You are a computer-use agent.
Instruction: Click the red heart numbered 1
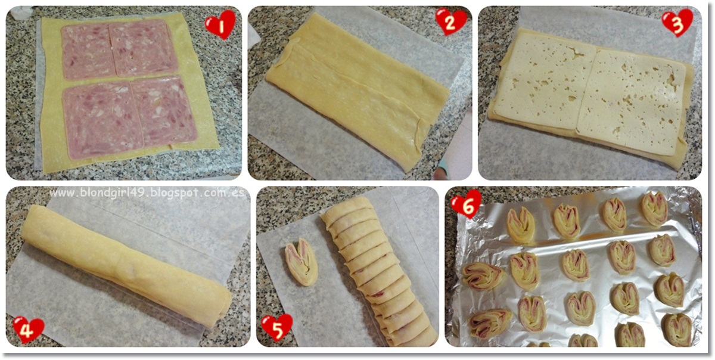tap(220, 24)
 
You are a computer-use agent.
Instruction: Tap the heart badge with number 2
tap(451, 21)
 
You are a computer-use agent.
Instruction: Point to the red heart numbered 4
tap(28, 330)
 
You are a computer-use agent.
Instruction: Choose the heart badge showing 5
tap(276, 327)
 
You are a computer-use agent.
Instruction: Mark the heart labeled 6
tap(466, 204)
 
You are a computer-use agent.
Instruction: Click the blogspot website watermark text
tap(147, 193)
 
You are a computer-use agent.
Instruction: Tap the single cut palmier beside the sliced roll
tap(301, 262)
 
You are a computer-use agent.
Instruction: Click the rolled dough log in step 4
tap(126, 266)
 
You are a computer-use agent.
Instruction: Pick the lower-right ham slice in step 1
tap(163, 111)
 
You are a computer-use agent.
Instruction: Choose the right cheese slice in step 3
tap(630, 101)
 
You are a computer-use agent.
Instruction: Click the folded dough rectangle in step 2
tap(357, 89)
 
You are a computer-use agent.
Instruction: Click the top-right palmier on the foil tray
tap(654, 209)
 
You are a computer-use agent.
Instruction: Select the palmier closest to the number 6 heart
tap(521, 225)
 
